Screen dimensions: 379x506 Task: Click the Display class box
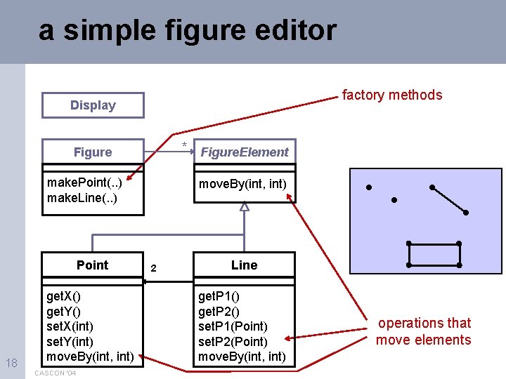pos(93,105)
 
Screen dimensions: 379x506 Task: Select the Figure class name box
pos(93,152)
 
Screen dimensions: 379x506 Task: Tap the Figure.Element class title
pos(244,152)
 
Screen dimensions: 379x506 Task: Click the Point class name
pos(93,265)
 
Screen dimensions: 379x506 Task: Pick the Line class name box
pos(244,265)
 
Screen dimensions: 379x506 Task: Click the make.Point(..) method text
pos(84,183)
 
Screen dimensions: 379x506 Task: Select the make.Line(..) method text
pos(82,198)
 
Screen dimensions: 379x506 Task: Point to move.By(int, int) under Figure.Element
pos(242,184)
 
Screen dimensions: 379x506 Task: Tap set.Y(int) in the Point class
pos(70,342)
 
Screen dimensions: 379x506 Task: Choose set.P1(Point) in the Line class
pos(233,326)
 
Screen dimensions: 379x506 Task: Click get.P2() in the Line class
pos(219,312)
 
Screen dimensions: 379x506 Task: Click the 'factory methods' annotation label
pos(392,95)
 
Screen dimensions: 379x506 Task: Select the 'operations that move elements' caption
pos(424,331)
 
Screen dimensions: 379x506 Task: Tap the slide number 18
pos(11,363)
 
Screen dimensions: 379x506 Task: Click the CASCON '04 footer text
pos(54,373)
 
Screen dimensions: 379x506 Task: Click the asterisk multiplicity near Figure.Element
pos(185,146)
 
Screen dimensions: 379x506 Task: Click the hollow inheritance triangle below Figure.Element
pos(244,206)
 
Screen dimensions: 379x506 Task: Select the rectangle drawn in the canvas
pos(434,254)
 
